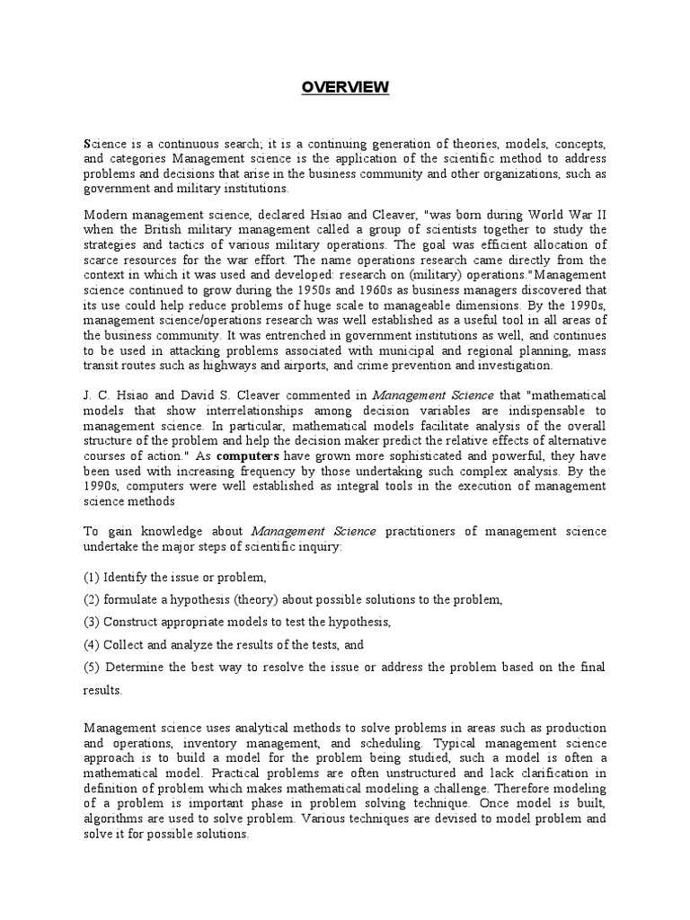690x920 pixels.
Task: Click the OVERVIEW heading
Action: pos(345,87)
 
